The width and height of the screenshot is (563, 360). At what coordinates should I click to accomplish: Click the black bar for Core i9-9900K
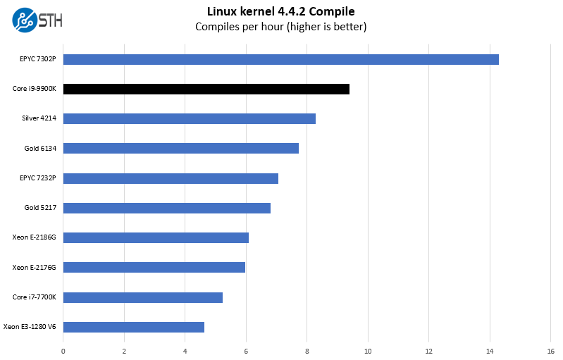[206, 89]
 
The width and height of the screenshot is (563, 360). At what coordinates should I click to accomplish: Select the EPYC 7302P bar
[280, 59]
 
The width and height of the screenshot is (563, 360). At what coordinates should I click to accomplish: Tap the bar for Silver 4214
[189, 118]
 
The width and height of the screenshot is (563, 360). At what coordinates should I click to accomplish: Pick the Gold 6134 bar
[180, 148]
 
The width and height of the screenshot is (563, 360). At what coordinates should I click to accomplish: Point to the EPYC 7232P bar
[171, 178]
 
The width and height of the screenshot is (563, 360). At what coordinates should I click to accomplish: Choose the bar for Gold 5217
[166, 208]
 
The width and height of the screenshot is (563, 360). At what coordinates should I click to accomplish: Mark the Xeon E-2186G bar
[156, 237]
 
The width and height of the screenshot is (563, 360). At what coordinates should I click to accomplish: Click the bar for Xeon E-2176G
[154, 267]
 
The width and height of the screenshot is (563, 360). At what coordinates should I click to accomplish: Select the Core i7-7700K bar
[142, 297]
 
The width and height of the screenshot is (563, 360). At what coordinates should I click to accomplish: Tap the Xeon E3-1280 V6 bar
[133, 327]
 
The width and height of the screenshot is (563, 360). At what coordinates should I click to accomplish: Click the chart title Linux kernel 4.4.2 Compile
[280, 11]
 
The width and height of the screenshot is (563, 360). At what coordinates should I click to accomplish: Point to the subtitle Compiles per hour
[280, 27]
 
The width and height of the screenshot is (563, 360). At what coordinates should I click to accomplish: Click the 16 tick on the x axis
[550, 350]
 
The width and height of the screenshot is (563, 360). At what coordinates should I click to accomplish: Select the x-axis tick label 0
[63, 350]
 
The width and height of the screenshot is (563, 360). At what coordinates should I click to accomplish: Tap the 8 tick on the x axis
[307, 350]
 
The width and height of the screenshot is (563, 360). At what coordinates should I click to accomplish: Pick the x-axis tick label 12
[428, 350]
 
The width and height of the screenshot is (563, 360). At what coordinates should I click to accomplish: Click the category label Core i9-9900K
[34, 89]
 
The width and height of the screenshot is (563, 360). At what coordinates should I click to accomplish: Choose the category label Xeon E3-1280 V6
[30, 327]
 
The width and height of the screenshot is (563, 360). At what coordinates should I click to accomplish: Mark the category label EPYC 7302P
[37, 59]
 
